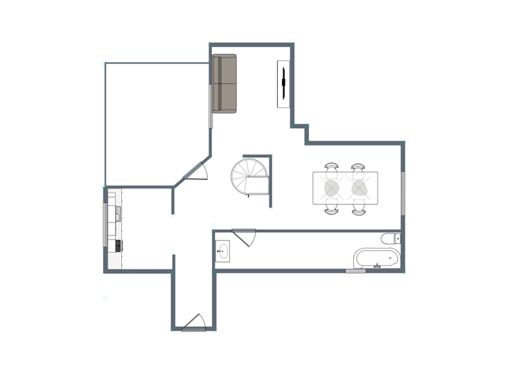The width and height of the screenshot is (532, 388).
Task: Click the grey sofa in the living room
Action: (224, 83)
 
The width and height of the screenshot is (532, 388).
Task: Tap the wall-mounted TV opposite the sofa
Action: (283, 83)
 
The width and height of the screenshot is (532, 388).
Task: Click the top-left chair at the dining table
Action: (332, 167)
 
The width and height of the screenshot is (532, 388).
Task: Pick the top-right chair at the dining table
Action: (358, 167)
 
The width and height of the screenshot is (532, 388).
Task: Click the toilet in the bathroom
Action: (390, 239)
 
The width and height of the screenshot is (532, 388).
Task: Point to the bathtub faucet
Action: (378, 265)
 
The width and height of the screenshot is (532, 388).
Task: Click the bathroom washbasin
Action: (223, 251)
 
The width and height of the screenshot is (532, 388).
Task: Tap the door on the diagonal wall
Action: (196, 172)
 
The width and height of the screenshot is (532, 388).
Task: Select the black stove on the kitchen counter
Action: (119, 245)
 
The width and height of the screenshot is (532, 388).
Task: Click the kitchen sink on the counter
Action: (118, 213)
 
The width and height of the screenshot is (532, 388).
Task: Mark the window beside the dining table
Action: (402, 194)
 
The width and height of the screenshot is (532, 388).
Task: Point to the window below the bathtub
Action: (355, 271)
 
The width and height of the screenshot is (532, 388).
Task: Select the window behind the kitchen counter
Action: (105, 224)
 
